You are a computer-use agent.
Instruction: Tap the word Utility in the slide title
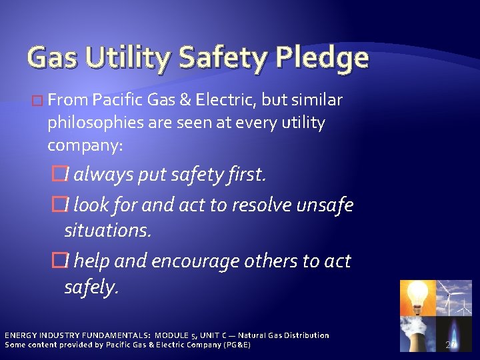[x=135, y=59]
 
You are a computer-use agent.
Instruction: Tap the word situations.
[x=108, y=231]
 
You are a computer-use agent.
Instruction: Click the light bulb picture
[x=417, y=297]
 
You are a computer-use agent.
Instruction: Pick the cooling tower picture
[x=417, y=333]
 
